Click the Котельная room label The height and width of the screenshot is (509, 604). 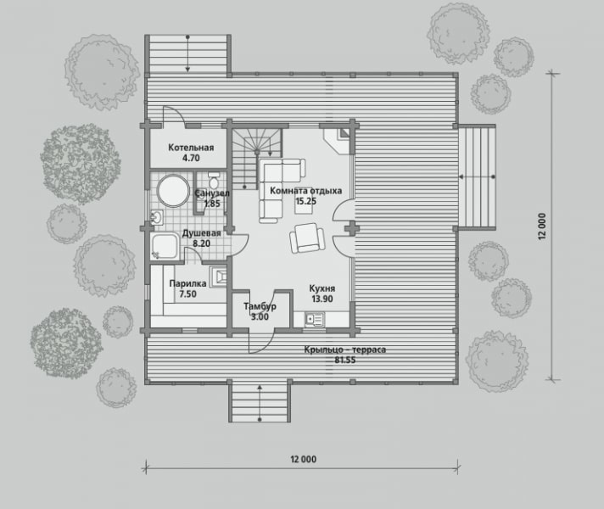[191, 148]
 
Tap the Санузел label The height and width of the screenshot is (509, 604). [212, 193]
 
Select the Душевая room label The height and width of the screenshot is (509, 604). [201, 233]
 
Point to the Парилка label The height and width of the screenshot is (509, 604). [187, 283]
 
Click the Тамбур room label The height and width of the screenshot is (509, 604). [260, 307]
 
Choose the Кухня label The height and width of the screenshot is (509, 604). [322, 288]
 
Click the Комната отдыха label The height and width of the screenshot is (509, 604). [306, 191]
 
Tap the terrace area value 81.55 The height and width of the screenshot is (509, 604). [344, 361]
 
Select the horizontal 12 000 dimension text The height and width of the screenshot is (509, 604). [304, 459]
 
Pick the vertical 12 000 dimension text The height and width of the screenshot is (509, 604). [542, 227]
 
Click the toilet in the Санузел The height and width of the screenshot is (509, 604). [214, 179]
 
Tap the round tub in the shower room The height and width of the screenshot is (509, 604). [173, 192]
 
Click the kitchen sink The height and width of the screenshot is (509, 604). [315, 320]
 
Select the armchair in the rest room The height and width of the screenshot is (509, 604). [307, 238]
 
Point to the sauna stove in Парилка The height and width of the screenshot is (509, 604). [218, 277]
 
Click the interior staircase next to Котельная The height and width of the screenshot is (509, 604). [257, 159]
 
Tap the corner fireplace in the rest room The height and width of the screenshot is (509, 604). [338, 140]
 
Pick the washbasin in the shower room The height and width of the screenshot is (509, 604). [156, 218]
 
